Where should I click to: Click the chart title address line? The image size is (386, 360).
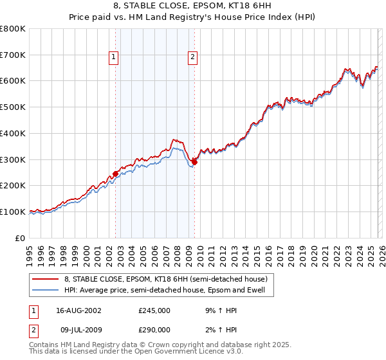pos(192,6)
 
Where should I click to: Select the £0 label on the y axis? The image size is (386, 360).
pos(21,238)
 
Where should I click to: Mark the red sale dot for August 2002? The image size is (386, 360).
pos(116,174)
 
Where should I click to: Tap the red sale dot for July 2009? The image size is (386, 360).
pos(194,162)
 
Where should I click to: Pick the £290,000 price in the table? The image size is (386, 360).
pos(154,329)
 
